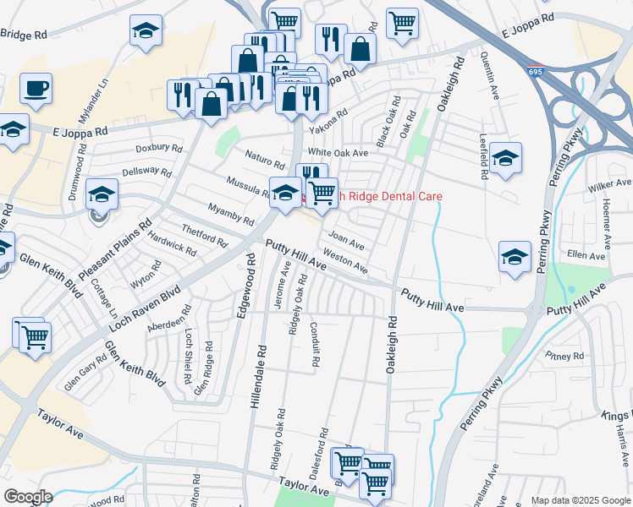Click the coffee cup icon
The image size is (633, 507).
click(36, 88)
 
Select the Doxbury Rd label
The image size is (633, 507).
click(159, 148)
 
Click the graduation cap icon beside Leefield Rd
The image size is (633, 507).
click(505, 158)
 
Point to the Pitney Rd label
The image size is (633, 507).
click(564, 357)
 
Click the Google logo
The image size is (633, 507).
click(28, 496)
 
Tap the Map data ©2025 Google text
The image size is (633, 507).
click(580, 500)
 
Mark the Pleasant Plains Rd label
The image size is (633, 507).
click(115, 252)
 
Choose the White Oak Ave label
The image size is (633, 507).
click(339, 152)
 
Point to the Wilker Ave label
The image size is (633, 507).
click(610, 183)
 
